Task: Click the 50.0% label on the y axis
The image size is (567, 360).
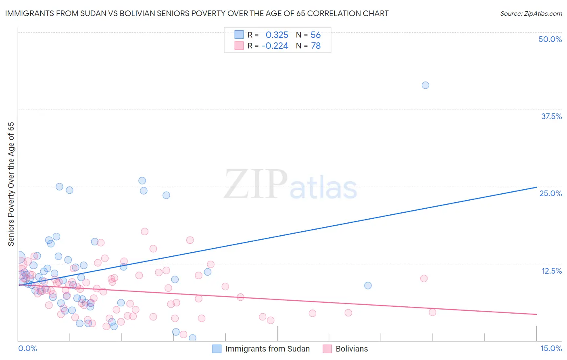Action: [550, 39]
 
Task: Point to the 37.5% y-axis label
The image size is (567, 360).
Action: [551, 116]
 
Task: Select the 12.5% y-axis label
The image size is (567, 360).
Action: [551, 271]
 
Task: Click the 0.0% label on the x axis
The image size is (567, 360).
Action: [27, 348]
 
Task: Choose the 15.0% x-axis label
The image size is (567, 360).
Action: [550, 348]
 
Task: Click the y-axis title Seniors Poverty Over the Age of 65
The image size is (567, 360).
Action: [11, 184]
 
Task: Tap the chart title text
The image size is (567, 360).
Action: [197, 13]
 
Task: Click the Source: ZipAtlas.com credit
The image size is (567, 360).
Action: [531, 13]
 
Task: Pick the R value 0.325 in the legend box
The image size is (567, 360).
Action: [277, 35]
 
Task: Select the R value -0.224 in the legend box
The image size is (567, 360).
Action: [275, 46]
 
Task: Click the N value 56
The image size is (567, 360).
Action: [315, 35]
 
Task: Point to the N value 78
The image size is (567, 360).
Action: [315, 46]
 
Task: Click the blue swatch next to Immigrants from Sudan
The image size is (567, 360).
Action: [217, 349]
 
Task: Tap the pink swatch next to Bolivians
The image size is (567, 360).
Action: [327, 349]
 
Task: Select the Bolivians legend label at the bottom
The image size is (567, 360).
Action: [352, 349]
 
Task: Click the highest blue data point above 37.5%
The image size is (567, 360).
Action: [425, 85]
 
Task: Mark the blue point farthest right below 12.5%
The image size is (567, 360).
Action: [368, 285]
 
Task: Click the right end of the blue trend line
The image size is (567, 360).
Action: [536, 187]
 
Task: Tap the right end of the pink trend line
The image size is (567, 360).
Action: [536, 314]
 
